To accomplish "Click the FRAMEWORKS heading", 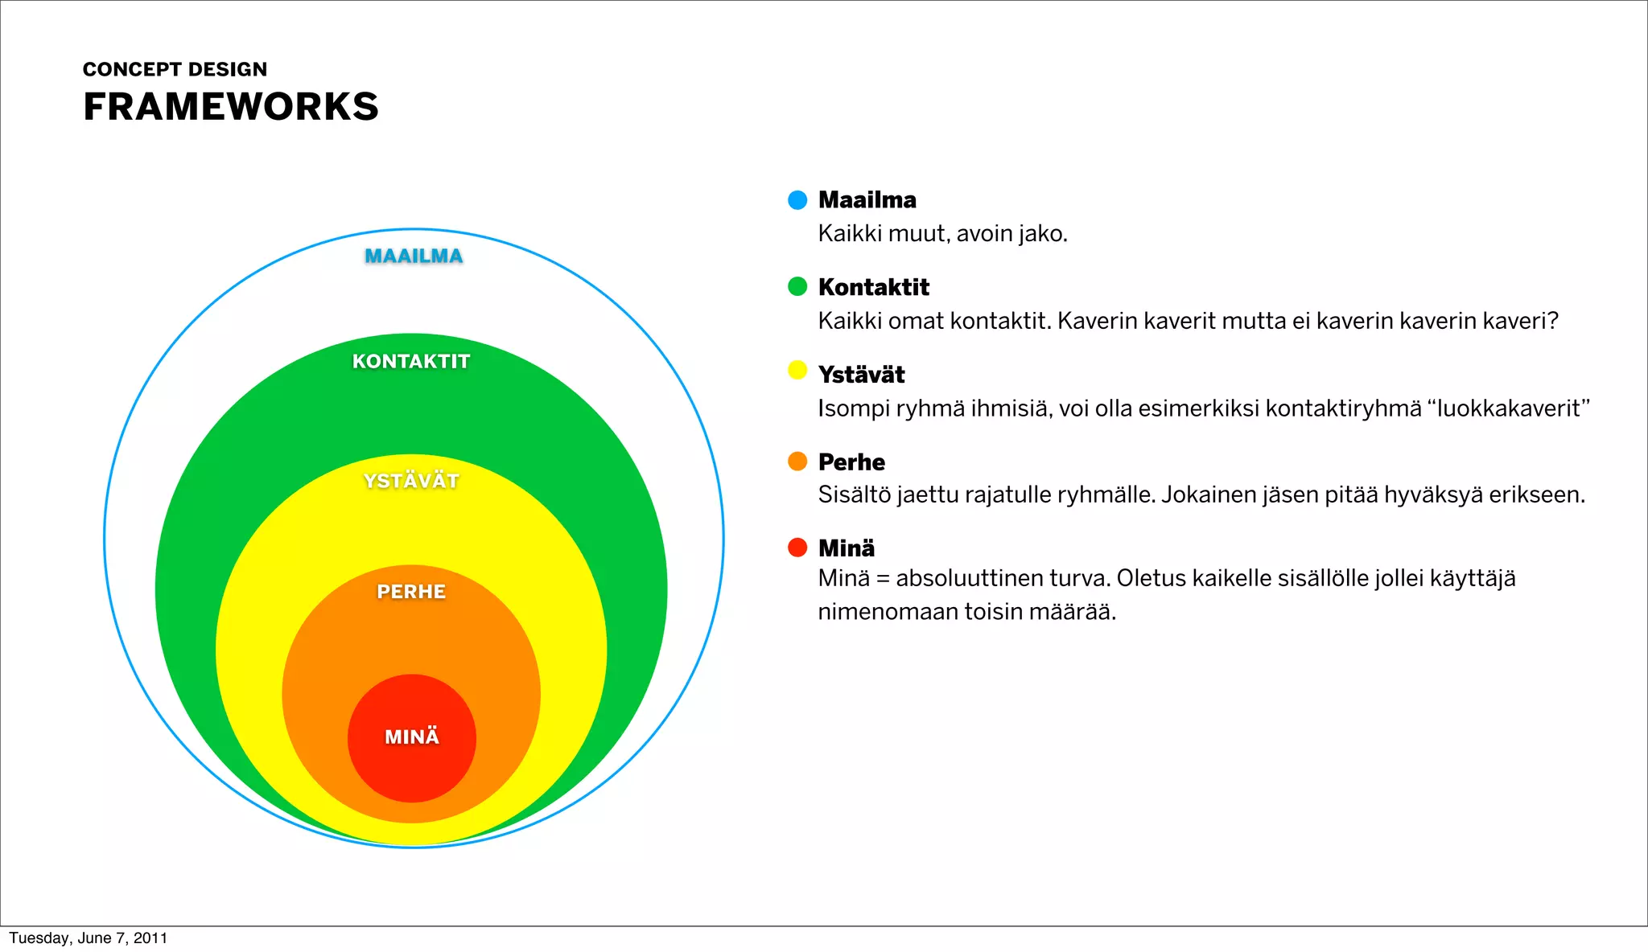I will [230, 107].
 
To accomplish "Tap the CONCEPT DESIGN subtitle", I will [175, 69].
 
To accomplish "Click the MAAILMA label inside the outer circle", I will [414, 256].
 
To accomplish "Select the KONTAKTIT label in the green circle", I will [411, 361].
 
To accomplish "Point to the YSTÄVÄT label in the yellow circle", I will [411, 481].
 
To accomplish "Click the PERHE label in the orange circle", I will [411, 592].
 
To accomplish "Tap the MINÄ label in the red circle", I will [412, 737].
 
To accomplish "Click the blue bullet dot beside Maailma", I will [797, 200].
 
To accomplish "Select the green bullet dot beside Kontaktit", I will [797, 286].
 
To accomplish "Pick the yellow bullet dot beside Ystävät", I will [797, 370].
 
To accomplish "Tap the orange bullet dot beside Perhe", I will [797, 461].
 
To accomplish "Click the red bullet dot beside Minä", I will [797, 548].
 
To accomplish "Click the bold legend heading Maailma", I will [867, 199].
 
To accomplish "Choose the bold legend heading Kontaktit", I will [873, 287].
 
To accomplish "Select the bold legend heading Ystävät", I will [861, 375].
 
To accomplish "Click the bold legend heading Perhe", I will [851, 462].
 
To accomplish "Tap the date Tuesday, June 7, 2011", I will [89, 938].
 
